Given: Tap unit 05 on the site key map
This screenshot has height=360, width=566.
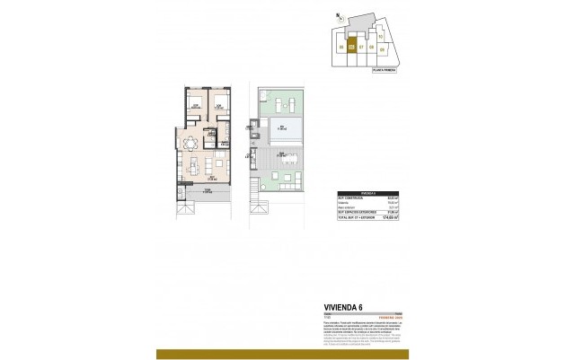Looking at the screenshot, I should click(340, 47).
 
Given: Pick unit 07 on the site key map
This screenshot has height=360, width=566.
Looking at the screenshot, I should click(360, 47).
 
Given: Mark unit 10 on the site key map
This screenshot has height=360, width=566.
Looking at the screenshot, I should click(380, 36).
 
